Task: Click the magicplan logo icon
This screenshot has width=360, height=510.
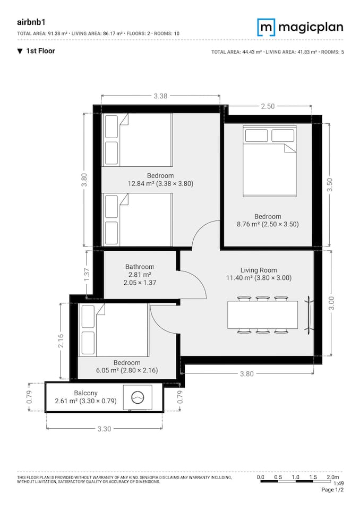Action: click(267, 27)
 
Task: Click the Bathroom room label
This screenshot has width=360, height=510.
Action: click(140, 267)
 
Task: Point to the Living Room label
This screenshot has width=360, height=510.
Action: click(259, 270)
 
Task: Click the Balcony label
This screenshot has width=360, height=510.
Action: click(85, 393)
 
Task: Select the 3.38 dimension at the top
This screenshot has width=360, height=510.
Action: click(161, 96)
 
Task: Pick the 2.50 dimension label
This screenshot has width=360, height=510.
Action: click(268, 106)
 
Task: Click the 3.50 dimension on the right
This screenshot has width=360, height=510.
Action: click(330, 185)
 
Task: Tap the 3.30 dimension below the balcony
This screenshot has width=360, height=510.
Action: click(105, 429)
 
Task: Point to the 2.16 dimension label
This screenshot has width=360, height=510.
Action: click(61, 341)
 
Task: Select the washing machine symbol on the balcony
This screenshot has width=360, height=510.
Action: click(138, 398)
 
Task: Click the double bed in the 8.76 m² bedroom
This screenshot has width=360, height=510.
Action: click(270, 161)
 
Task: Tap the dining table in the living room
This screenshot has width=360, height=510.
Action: click(262, 315)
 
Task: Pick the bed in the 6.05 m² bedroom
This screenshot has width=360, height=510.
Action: click(114, 330)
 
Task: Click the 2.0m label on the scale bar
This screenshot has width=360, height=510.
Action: click(333, 477)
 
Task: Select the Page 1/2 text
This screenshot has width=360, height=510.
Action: click(332, 489)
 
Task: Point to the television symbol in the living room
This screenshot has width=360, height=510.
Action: click(309, 315)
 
